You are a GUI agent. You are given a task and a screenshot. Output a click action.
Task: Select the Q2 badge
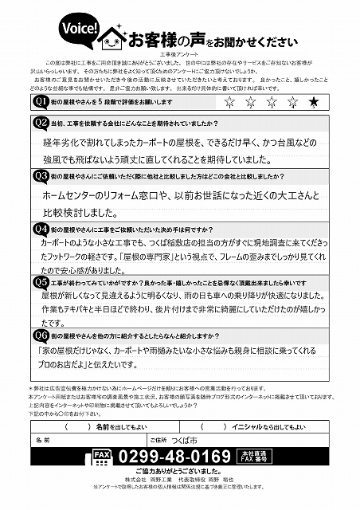40,123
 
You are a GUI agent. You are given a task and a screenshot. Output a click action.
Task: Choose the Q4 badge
40,228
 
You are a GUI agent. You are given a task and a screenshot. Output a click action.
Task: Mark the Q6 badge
40,335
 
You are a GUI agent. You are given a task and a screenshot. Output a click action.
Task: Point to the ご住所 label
158,439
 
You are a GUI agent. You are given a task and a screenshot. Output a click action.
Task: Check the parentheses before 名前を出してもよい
76,426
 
